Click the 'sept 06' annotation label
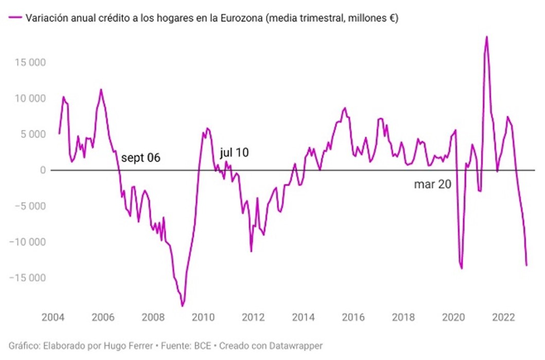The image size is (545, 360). [140, 158]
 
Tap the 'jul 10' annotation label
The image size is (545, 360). [235, 152]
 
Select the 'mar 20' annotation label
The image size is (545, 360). [432, 184]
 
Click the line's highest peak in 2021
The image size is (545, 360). [486, 37]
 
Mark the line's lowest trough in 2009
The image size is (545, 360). [182, 306]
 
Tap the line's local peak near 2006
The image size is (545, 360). [101, 90]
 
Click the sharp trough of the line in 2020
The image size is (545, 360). [462, 268]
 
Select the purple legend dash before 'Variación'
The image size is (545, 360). [15, 19]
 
